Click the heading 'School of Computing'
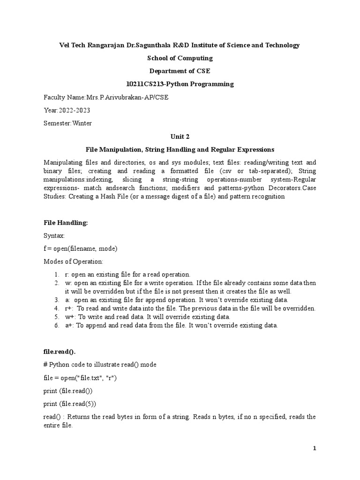(180, 58)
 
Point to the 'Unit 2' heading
(180, 136)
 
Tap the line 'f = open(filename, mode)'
(80, 248)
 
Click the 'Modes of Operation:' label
(74, 261)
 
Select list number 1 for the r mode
(55, 274)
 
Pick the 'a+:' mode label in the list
(70, 325)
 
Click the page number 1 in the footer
(315, 449)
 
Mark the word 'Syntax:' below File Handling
(54, 236)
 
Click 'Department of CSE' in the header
(180, 71)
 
